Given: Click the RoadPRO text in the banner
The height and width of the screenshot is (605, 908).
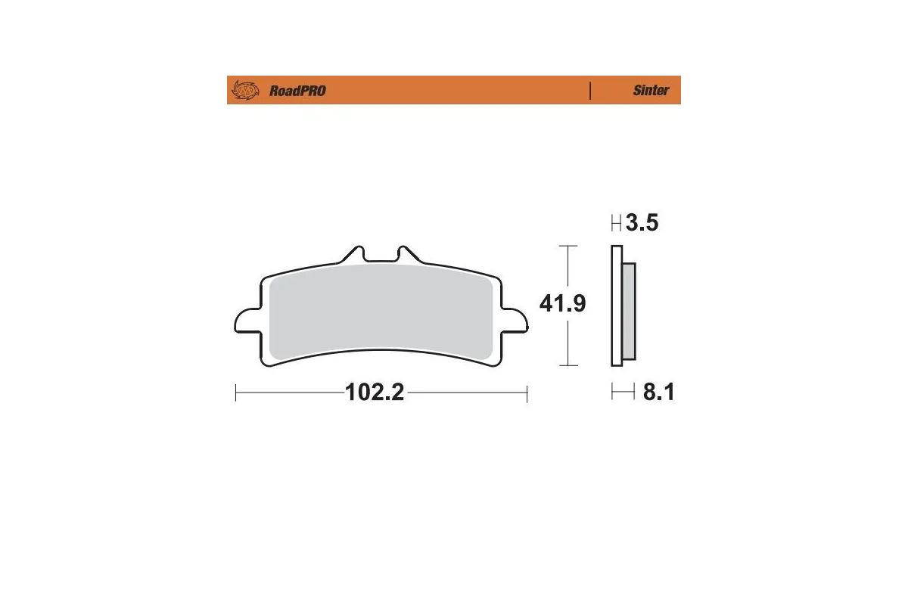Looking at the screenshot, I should coord(297,91).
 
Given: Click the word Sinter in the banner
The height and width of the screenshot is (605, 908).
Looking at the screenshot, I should coord(651,90).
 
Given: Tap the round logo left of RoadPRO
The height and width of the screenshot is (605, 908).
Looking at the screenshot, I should coord(245,91).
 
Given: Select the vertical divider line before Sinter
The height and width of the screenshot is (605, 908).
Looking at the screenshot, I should coord(589,90).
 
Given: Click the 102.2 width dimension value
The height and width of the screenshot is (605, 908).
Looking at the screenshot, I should coord(375,393).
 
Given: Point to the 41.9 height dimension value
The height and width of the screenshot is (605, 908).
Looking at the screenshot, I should coord(562,304).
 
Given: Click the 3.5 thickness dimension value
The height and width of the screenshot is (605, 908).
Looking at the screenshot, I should coord(642,224).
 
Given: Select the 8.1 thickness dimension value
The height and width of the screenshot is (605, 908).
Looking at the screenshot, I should coord(658,392).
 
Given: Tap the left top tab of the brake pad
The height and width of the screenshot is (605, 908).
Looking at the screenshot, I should coord(354,254).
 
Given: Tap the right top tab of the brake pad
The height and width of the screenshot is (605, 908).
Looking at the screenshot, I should coord(406,254).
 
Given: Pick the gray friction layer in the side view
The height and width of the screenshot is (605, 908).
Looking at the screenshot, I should coord(629,310).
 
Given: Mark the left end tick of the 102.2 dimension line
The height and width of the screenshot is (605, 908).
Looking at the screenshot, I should coord(236,393).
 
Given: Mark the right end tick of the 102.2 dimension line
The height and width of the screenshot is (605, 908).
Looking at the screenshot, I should coord(527,393).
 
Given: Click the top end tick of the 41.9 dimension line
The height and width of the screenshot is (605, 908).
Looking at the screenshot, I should coord(567,247).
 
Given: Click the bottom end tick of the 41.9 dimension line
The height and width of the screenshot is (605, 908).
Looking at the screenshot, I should coord(567,365).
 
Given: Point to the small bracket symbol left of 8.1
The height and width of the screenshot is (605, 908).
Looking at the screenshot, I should coord(623,392).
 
